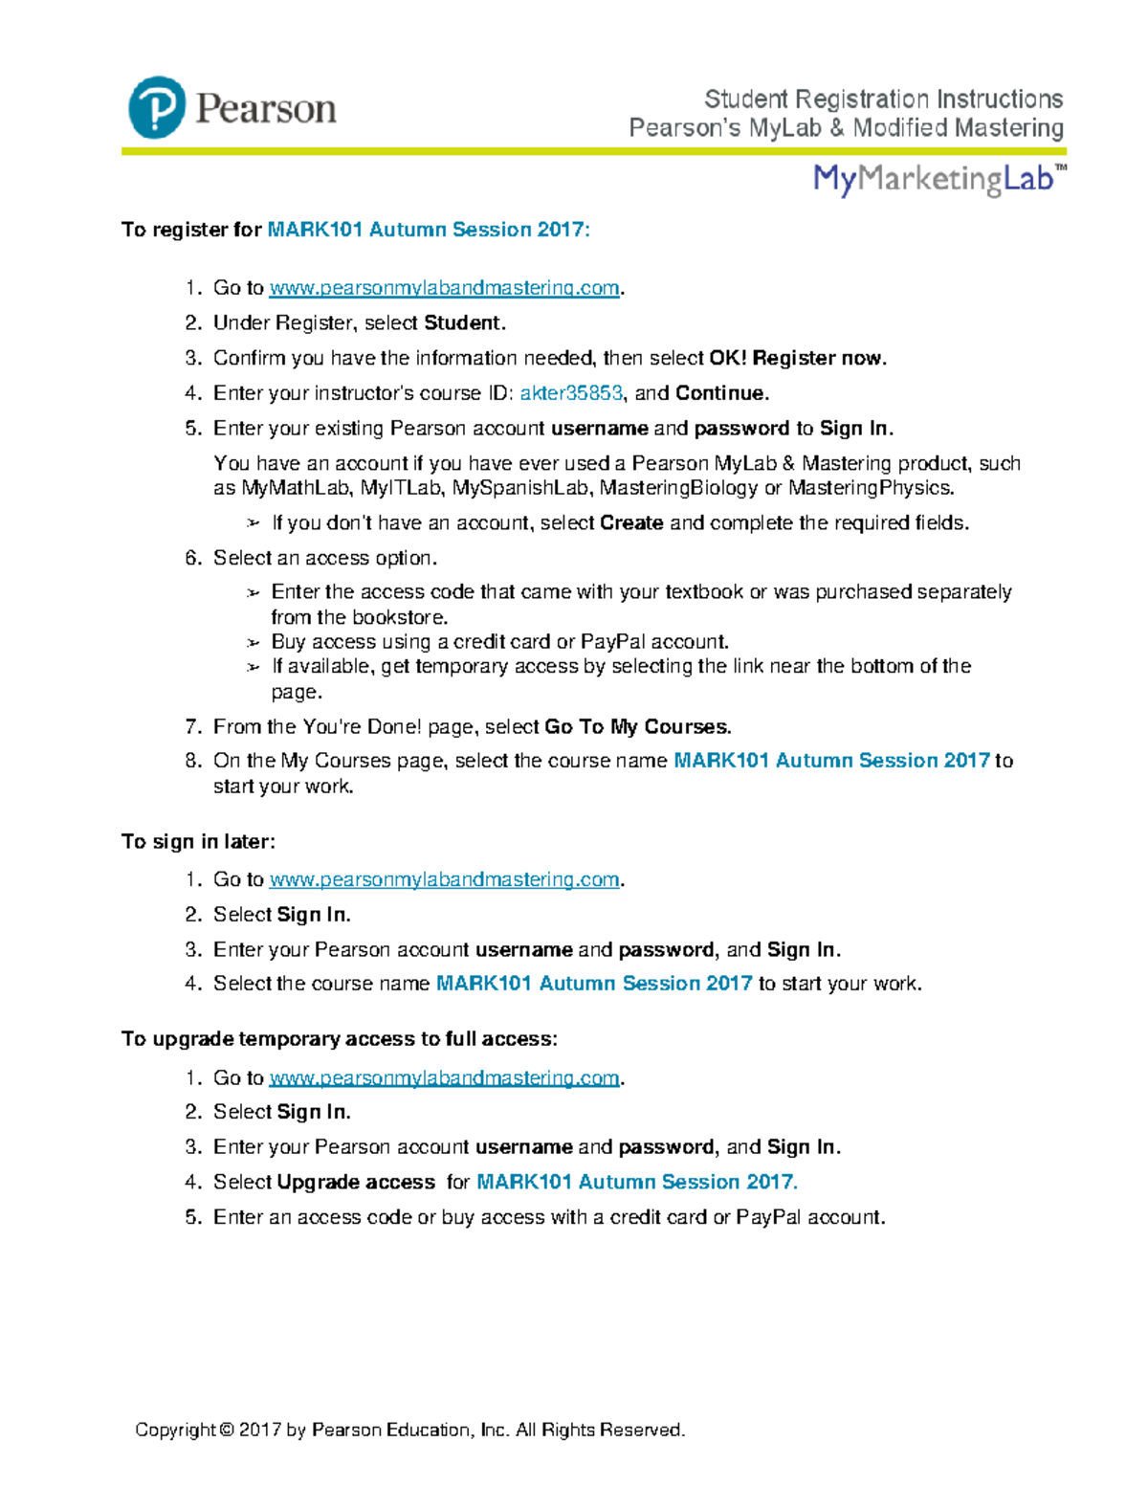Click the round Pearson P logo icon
(x=157, y=107)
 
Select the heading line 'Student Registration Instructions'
(x=883, y=100)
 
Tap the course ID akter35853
(x=571, y=393)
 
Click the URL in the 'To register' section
(x=444, y=288)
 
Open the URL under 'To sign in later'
(x=444, y=879)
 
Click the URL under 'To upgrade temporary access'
(x=444, y=1077)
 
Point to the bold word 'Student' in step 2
(x=462, y=323)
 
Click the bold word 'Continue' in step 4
(x=720, y=393)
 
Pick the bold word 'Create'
(x=631, y=523)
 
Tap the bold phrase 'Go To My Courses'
(x=636, y=727)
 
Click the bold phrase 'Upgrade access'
(x=356, y=1183)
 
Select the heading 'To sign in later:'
(x=198, y=842)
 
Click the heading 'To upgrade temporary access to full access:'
(x=339, y=1039)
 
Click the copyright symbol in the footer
(x=226, y=1431)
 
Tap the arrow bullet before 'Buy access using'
(x=253, y=642)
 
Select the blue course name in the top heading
(x=428, y=230)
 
